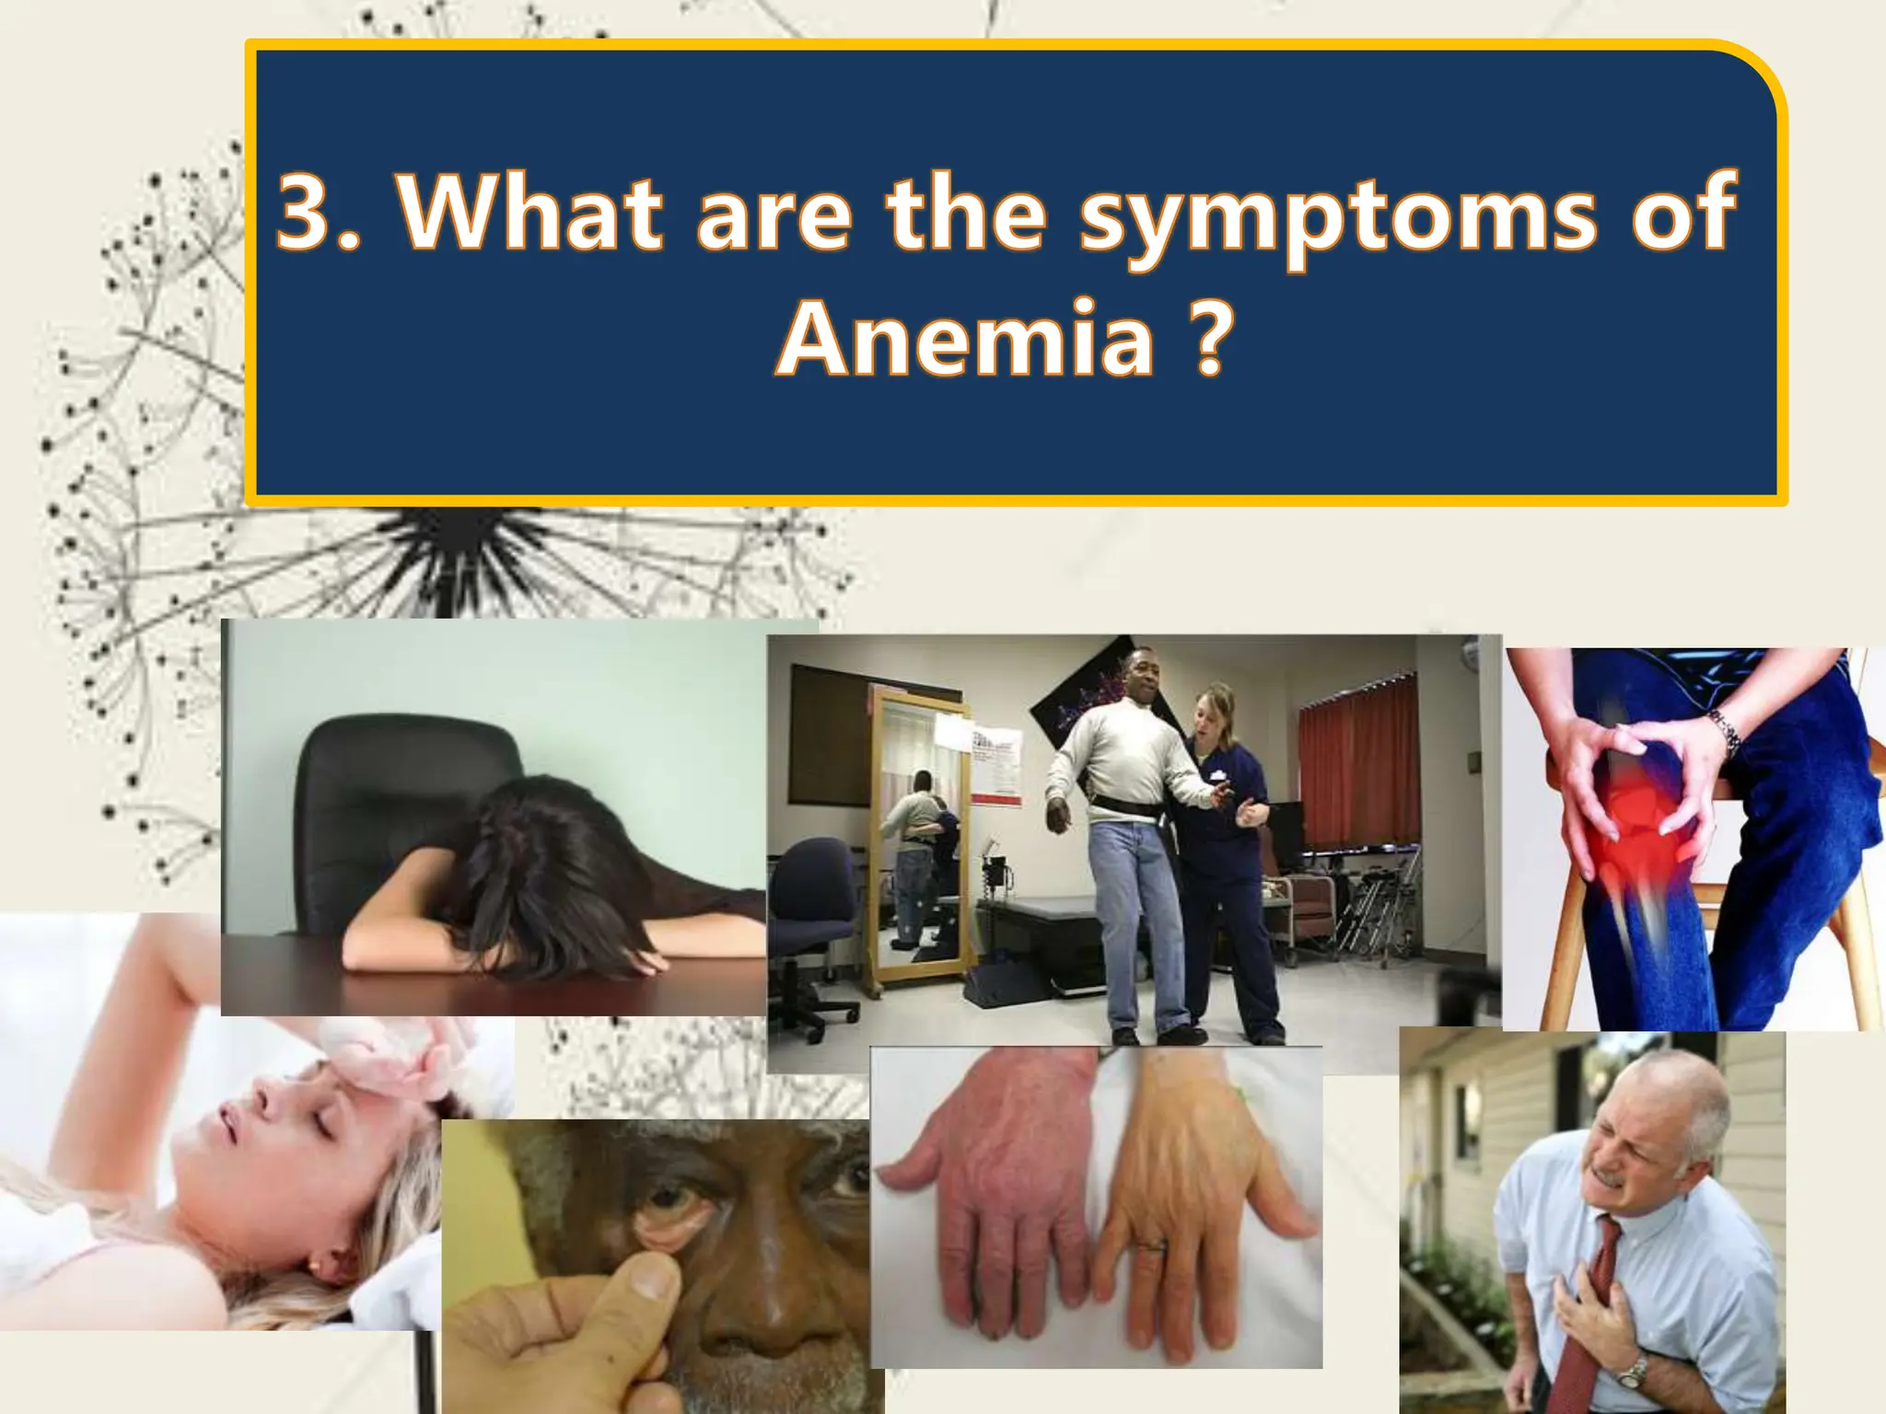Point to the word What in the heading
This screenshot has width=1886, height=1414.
pos(529,213)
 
